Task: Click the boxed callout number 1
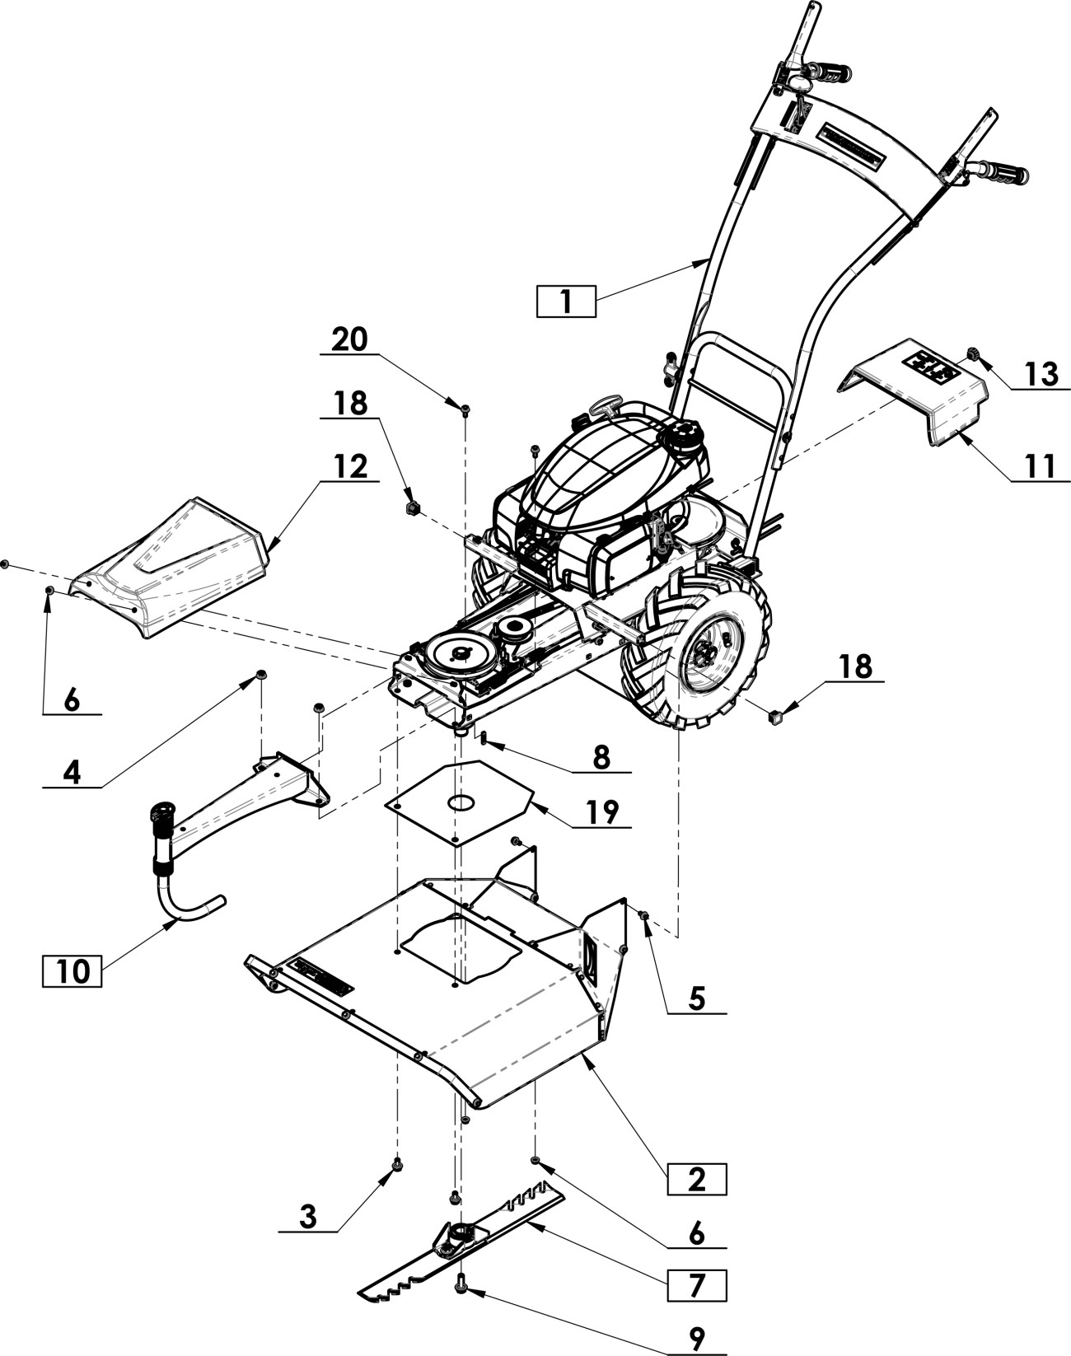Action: coord(566,302)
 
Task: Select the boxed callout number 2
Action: coord(696,1179)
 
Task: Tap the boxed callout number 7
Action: coord(696,1285)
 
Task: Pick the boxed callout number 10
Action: coord(72,971)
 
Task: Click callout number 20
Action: coord(350,339)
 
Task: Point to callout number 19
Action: coord(602,812)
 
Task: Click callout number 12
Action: coord(350,467)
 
